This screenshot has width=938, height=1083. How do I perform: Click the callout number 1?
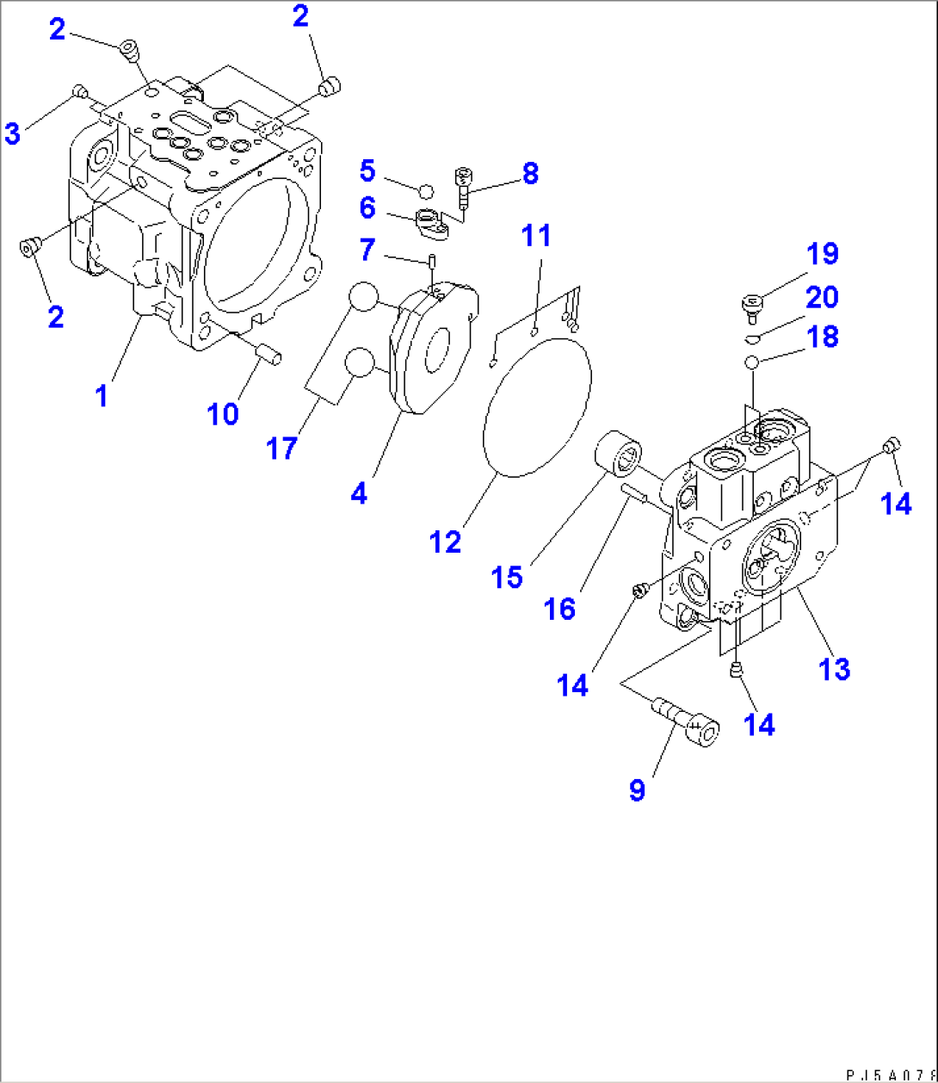[102, 396]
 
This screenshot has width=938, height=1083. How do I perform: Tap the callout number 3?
[12, 133]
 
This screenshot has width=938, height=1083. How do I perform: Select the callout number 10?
[223, 414]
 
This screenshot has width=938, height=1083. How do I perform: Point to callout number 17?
[281, 448]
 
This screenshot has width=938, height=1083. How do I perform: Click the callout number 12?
[447, 541]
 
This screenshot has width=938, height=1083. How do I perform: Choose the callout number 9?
[637, 790]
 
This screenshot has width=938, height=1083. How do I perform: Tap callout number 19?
[822, 254]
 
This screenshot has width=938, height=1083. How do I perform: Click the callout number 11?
[537, 235]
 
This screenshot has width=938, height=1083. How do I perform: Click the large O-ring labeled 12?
[538, 405]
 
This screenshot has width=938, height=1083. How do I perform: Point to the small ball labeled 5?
[426, 189]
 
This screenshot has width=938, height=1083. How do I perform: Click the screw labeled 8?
[463, 186]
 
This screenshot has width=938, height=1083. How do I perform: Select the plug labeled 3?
[79, 91]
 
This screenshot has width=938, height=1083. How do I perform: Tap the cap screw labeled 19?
[752, 305]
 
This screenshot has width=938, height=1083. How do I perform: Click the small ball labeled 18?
[751, 362]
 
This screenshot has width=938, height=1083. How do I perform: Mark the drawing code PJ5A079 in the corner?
[890, 1075]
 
